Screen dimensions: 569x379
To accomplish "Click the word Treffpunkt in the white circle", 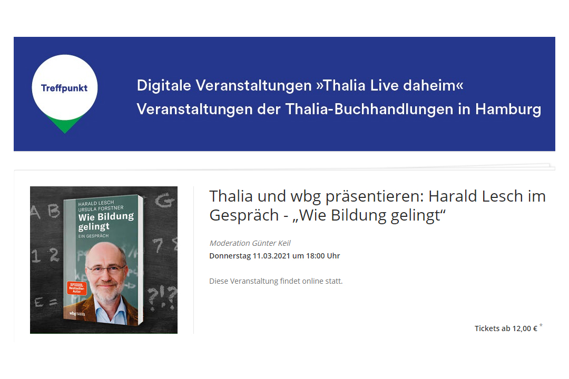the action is [64, 88].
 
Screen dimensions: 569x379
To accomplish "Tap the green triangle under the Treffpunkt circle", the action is [65, 125].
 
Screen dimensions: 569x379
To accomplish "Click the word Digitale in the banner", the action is [164, 86].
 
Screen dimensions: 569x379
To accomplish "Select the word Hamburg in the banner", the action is [508, 109].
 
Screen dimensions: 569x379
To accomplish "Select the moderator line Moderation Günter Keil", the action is [250, 243].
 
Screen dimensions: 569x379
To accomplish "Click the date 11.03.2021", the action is [271, 256].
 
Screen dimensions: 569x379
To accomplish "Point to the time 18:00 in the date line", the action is [316, 256].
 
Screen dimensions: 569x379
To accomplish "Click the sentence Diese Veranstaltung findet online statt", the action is [276, 281].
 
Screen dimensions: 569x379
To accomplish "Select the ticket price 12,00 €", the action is [525, 328].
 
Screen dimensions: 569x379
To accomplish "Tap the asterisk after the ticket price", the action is [541, 325].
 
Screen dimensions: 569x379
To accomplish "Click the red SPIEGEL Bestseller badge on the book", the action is [76, 288].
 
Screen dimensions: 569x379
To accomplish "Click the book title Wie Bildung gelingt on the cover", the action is [105, 222].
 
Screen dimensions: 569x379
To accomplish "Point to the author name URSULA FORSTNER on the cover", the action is [101, 208].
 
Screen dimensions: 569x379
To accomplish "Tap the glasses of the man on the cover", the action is [105, 269].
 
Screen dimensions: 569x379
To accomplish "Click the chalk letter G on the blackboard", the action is [164, 200].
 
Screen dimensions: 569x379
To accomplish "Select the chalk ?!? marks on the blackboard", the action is [162, 297].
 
